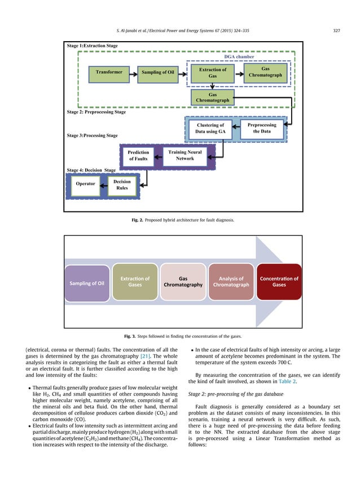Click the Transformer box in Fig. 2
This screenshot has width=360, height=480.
(109, 73)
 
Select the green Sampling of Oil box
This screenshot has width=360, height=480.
(158, 73)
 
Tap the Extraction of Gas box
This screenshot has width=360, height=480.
(213, 72)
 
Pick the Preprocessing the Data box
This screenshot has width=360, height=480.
(262, 128)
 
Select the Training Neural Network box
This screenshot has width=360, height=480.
(185, 155)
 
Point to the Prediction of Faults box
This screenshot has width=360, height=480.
(138, 156)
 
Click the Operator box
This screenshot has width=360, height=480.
(86, 184)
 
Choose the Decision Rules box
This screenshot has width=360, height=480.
(122, 184)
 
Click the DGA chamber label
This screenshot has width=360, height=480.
(239, 57)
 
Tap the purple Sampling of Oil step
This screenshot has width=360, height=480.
(87, 282)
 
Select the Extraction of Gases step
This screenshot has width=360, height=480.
(135, 281)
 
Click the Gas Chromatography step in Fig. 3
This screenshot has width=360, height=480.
(183, 281)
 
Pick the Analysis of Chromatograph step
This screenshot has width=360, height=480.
(231, 281)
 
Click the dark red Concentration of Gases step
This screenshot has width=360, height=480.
(279, 281)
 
